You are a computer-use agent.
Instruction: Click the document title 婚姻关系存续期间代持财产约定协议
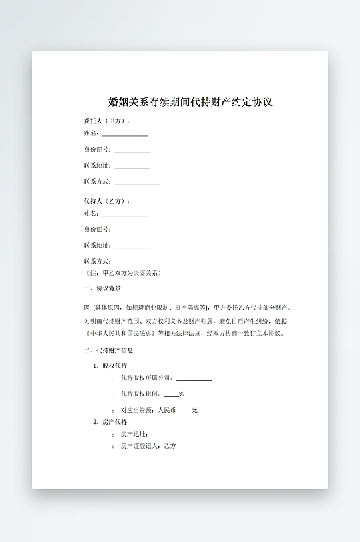point(190,103)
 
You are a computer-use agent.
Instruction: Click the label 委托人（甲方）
point(107,121)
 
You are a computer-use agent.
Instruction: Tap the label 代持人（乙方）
point(107,202)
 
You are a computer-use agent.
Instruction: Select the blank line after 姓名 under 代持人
point(125,214)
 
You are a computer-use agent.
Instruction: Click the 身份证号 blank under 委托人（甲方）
point(132,150)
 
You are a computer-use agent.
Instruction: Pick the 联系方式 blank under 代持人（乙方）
point(138,262)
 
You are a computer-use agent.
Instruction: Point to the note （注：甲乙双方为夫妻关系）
point(122,273)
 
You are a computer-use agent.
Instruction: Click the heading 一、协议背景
point(102,289)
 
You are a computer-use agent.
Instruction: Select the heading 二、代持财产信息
point(108,350)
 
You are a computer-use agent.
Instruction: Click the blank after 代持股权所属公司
point(194,378)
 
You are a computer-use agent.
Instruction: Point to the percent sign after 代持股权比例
point(182,394)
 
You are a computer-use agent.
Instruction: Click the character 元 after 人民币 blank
point(194,410)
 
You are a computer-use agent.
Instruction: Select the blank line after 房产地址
point(170,435)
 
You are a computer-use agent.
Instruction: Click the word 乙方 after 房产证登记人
point(170,446)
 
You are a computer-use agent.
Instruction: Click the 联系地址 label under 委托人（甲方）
point(97,166)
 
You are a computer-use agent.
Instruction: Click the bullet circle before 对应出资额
point(112,411)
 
